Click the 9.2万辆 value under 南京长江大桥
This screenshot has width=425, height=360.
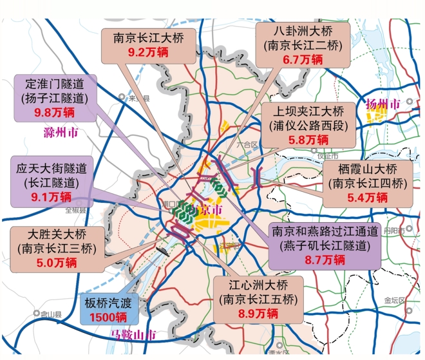[x=148, y=52]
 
